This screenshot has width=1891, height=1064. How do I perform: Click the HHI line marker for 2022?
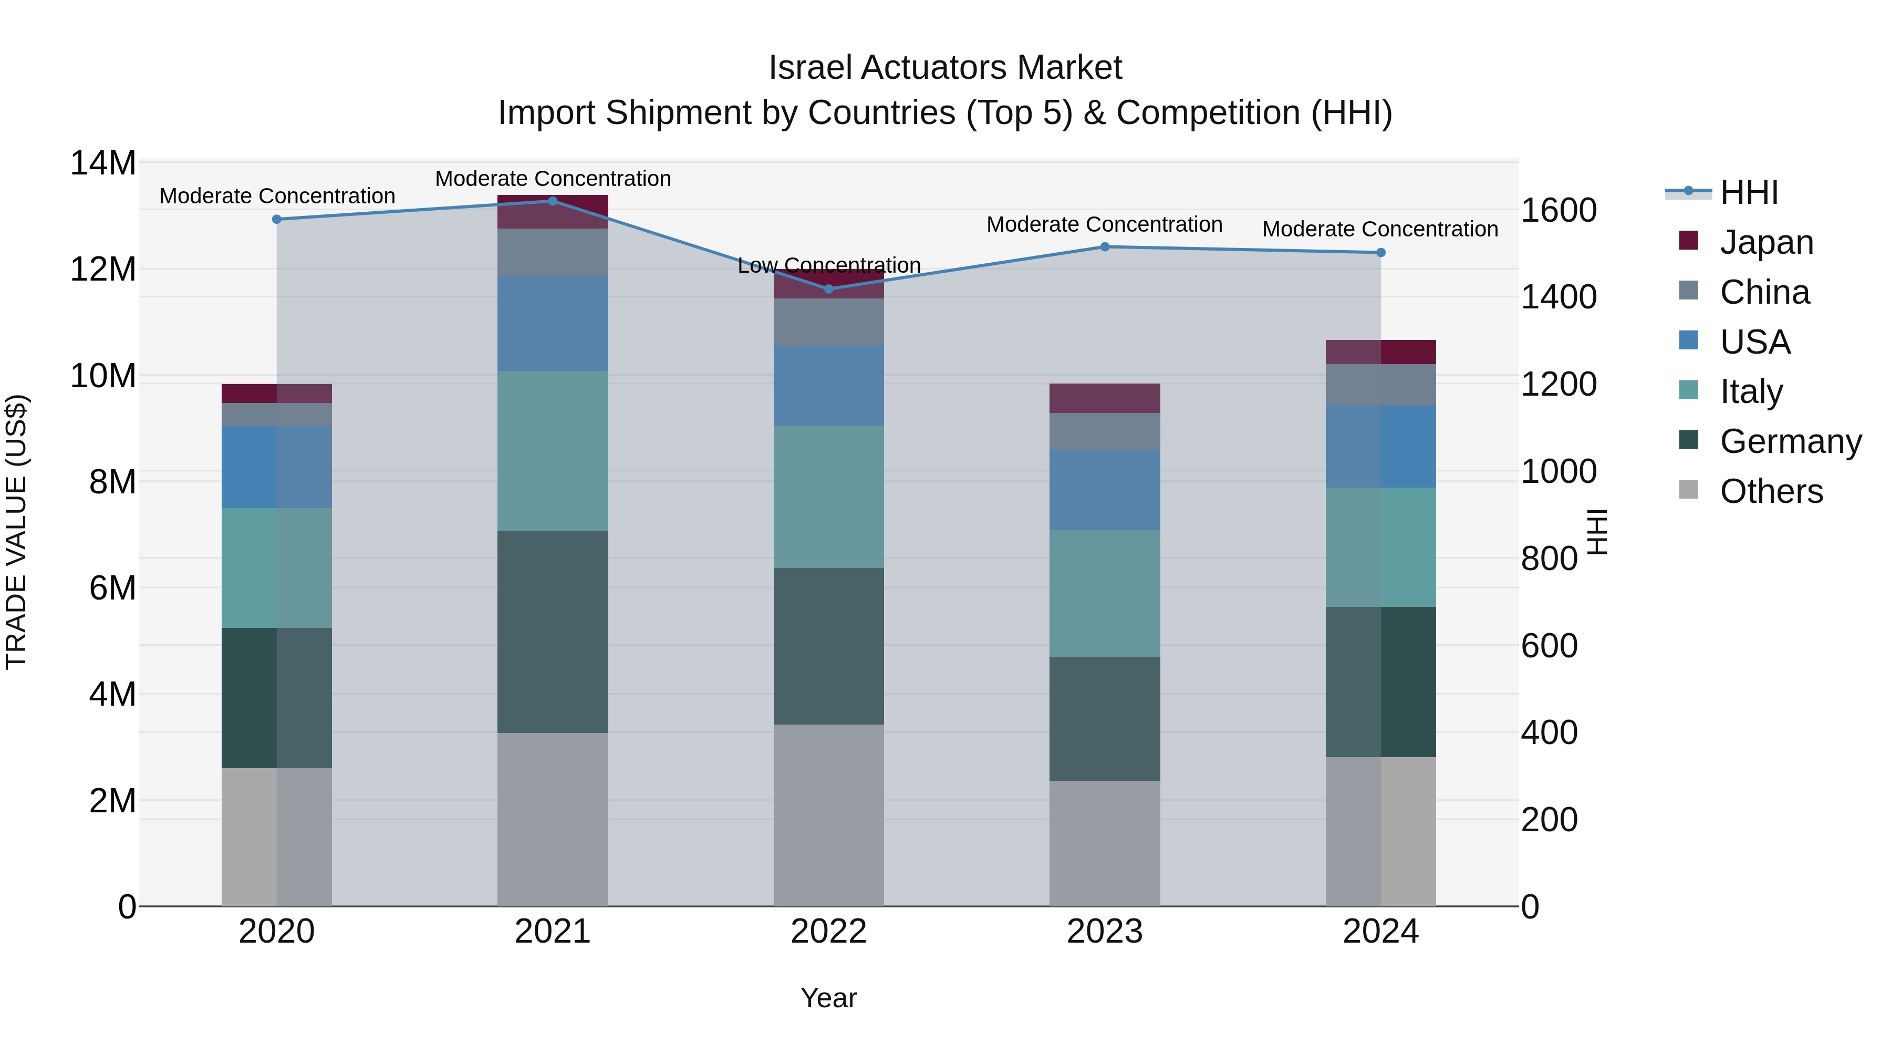(x=829, y=288)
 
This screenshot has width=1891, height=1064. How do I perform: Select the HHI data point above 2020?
(x=277, y=219)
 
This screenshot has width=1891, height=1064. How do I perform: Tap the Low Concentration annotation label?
(x=829, y=265)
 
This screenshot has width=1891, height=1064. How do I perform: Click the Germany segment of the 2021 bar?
(x=553, y=632)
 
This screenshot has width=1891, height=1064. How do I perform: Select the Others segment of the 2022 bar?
(x=829, y=815)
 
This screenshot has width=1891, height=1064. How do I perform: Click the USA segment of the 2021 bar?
(x=553, y=323)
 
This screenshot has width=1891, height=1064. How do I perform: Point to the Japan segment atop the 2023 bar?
(x=1104, y=398)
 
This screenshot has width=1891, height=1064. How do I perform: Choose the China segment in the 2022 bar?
(x=829, y=323)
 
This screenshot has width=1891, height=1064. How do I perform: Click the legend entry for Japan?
(x=1765, y=242)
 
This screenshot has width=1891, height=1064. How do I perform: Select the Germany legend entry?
(x=1790, y=441)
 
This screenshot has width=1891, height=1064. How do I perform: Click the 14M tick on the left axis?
(x=103, y=163)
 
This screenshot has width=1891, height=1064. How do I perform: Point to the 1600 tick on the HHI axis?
(x=1558, y=211)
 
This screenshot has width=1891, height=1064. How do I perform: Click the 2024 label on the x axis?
(x=1380, y=932)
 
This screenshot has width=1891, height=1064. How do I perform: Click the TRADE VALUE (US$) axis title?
(x=16, y=532)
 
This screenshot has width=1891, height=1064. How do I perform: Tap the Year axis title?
(x=829, y=998)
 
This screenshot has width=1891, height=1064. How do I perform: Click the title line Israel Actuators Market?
(x=945, y=68)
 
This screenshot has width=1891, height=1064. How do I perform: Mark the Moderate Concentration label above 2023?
(x=1104, y=225)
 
